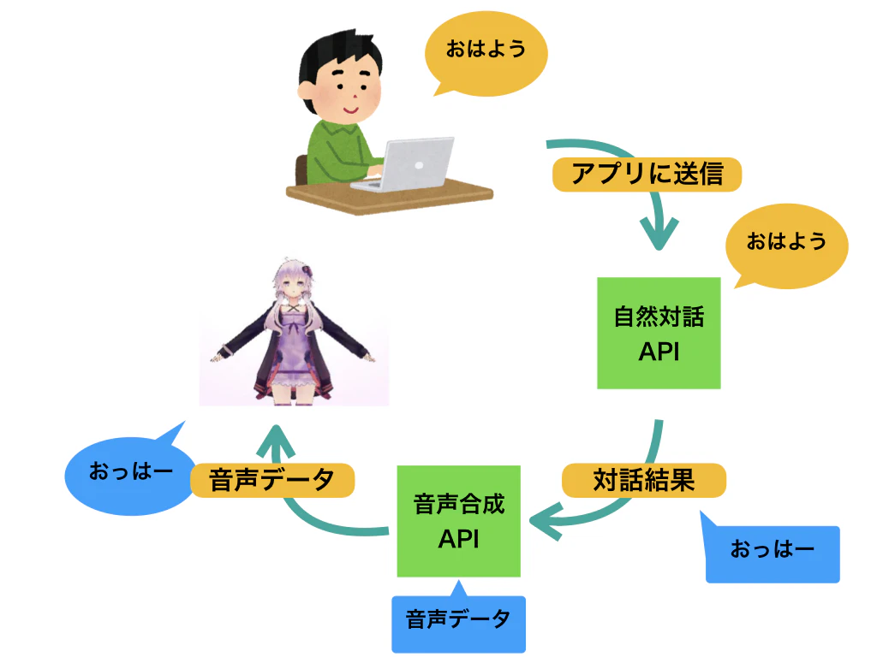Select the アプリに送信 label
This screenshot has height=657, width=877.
(x=647, y=175)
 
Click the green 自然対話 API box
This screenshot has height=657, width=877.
(x=659, y=333)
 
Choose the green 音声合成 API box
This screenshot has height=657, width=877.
(x=459, y=521)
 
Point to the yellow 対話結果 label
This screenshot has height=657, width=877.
(x=644, y=481)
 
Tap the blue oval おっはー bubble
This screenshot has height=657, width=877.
(x=130, y=474)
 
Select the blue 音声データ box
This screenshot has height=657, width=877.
(x=459, y=621)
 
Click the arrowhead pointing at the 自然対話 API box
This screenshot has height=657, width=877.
(x=659, y=234)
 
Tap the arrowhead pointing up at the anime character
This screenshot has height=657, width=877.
(x=276, y=441)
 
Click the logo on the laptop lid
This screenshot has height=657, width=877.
(x=419, y=165)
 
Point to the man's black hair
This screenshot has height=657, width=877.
(x=337, y=56)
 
